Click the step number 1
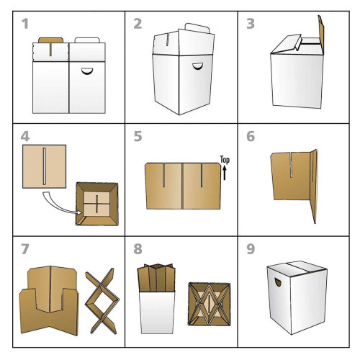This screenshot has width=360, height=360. pos(25,24)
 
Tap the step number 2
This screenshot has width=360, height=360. pos(138,24)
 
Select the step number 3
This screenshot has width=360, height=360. pos(251,24)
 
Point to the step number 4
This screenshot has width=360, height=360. pos(25,137)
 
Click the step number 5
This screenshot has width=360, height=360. pos(138,137)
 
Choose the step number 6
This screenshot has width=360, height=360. pos(251,137)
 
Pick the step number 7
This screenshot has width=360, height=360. pos(25,249)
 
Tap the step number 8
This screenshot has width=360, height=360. pos(138,249)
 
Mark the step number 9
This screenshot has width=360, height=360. pos(251,249)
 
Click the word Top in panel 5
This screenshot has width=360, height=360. pos(225,160)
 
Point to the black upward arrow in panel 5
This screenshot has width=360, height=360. pos(225,174)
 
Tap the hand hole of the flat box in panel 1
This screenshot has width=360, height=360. pos(86,71)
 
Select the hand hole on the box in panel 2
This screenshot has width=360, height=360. pos(198,66)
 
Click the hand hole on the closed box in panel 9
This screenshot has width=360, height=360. pos(279,282)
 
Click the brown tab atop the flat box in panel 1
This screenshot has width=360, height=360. pos(51,40)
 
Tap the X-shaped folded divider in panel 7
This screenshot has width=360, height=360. pos(102,301)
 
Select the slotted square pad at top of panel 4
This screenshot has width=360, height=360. pos(44,166)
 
